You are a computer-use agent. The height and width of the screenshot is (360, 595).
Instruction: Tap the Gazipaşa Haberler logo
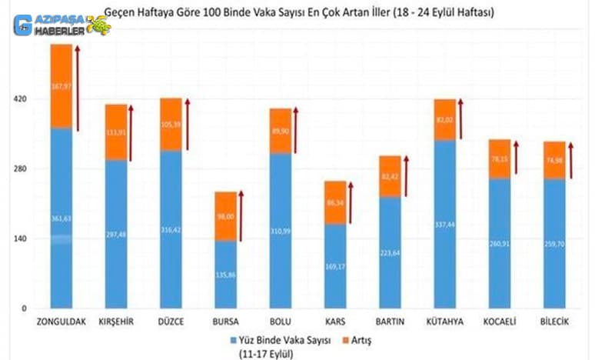(x=61, y=25)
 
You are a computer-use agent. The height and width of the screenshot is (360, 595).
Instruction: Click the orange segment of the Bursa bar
(x=225, y=216)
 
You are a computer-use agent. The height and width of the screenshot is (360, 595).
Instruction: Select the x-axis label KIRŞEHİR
(x=115, y=322)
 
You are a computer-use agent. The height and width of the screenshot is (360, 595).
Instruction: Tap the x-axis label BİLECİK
(x=553, y=322)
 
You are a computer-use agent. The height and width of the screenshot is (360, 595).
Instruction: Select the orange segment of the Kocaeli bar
(x=499, y=159)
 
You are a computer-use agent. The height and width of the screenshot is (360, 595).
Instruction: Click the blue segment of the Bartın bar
(x=390, y=252)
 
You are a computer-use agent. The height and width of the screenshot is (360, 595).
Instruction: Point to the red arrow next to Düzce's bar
(x=187, y=124)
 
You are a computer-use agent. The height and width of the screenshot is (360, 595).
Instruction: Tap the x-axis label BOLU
(x=281, y=322)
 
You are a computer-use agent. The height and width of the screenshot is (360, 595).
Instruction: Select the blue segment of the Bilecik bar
(x=553, y=243)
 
